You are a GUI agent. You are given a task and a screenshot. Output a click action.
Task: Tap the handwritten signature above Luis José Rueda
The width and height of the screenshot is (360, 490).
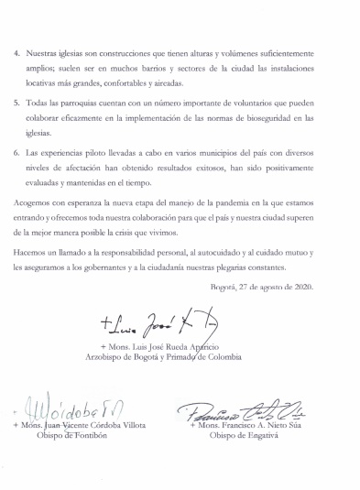(147, 320)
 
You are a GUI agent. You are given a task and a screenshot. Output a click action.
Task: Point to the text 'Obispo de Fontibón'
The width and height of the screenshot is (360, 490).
(80, 437)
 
